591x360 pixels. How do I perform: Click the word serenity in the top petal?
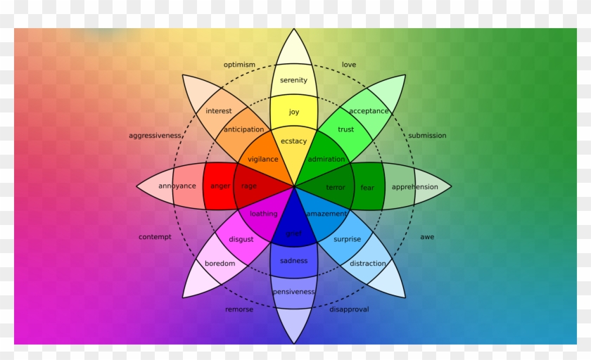click(293, 80)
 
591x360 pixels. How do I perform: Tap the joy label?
click(293, 112)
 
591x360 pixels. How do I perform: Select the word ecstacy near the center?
click(293, 141)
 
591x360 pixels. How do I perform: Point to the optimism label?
click(239, 65)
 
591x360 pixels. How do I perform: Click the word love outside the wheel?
click(349, 65)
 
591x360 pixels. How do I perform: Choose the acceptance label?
click(369, 111)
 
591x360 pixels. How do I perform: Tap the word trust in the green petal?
click(345, 129)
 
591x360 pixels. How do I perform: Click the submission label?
click(427, 136)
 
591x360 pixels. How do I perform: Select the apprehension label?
click(414, 187)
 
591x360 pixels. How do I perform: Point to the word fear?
click(367, 188)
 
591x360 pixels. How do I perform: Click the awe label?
click(427, 237)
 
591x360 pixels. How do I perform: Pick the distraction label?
click(367, 264)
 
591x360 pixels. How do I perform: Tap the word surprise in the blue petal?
click(347, 239)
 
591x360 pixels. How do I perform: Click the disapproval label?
click(349, 309)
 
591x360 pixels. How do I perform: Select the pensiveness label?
click(293, 292)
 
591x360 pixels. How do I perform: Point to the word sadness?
click(293, 261)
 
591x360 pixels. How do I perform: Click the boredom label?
click(220, 264)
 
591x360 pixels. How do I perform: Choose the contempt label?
click(155, 237)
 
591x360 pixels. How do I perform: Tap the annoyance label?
click(177, 186)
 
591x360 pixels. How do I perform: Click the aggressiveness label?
click(155, 136)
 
